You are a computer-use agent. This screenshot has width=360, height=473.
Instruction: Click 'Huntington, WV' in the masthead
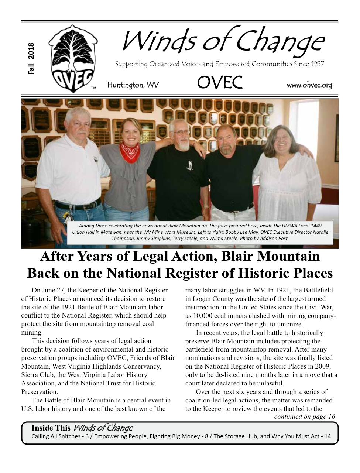(x=133, y=85)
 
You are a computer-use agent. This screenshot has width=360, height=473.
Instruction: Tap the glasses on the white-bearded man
(x=182, y=132)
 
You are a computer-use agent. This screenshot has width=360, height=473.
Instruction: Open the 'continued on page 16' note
(x=304, y=417)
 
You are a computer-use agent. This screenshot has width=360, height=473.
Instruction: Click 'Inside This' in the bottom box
(x=51, y=428)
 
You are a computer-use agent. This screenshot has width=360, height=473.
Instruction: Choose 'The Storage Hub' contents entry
(x=235, y=436)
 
